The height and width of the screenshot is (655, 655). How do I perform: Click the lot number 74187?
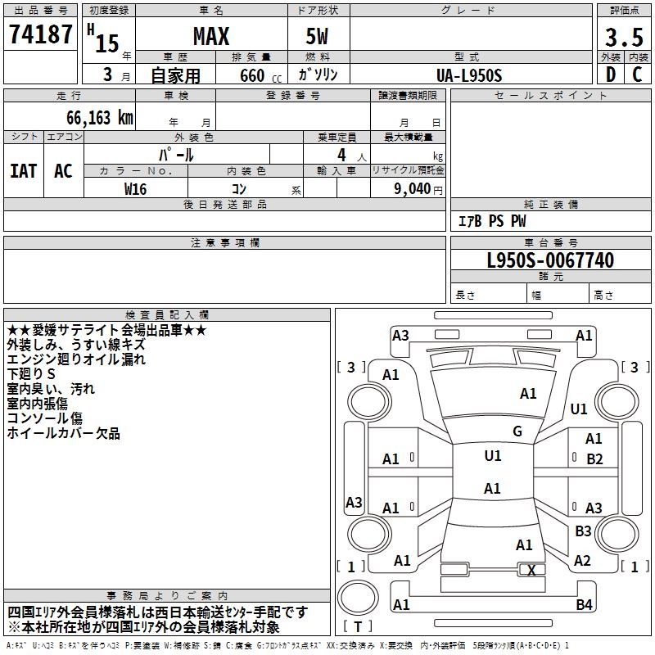tap(40, 35)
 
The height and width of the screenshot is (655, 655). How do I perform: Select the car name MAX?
tap(210, 37)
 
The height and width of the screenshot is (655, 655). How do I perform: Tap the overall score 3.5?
tap(623, 38)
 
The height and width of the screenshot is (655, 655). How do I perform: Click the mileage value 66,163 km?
tap(93, 117)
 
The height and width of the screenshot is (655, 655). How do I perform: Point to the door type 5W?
tap(318, 37)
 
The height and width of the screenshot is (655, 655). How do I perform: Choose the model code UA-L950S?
tap(470, 75)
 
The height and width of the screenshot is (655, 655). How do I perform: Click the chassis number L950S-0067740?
tap(550, 261)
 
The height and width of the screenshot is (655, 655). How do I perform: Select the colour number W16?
tap(135, 188)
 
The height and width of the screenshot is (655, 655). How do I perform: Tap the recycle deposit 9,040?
tap(412, 188)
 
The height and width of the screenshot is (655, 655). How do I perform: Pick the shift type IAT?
tap(23, 171)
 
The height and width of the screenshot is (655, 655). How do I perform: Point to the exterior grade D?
tap(610, 75)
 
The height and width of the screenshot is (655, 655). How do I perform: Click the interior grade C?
tap(638, 75)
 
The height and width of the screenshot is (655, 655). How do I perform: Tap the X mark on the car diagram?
tap(531, 571)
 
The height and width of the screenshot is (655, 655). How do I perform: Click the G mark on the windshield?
tap(517, 431)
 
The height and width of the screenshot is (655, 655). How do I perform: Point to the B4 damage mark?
tap(584, 605)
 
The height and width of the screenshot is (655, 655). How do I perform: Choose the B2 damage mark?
tap(594, 459)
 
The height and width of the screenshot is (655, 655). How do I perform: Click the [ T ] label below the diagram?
tap(357, 627)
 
